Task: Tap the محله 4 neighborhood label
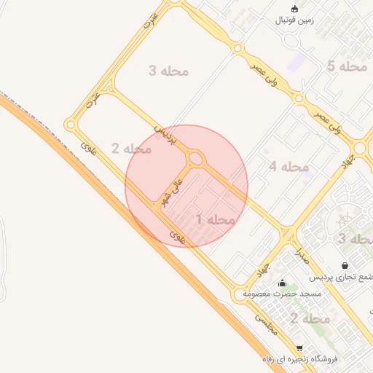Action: click(288, 167)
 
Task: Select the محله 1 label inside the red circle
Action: click(215, 219)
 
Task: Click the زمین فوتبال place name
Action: click(294, 20)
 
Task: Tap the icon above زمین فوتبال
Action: click(294, 9)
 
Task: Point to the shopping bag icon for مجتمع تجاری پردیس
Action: click(345, 265)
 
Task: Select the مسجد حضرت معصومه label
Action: click(283, 294)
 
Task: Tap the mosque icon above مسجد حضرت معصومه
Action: click(283, 282)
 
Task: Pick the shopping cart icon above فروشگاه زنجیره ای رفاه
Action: click(299, 348)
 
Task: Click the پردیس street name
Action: click(164, 136)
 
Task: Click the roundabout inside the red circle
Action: click(195, 158)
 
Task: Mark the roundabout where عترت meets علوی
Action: click(71, 125)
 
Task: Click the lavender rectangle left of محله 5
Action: click(297, 62)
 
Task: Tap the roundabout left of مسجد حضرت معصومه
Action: click(239, 295)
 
